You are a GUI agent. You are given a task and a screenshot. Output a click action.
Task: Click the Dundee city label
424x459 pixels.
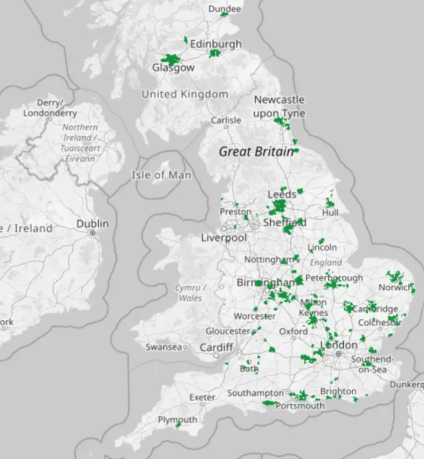point(225,9)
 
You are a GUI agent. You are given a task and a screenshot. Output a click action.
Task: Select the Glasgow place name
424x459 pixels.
point(173,68)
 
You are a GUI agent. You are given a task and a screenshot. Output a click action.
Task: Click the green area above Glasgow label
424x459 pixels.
point(171,59)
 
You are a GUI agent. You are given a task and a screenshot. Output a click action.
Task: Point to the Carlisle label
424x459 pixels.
point(226,120)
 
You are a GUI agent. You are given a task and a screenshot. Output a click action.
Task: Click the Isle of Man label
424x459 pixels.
point(161,175)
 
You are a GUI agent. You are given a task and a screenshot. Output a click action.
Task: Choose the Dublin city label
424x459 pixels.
point(92,223)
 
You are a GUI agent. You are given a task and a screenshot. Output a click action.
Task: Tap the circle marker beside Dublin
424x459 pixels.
point(92,233)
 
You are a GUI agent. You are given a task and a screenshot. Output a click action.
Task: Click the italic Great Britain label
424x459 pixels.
point(256,152)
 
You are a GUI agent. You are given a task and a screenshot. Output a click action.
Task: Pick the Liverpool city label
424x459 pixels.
point(224,238)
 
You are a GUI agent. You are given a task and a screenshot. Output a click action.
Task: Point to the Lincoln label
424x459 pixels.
point(322,247)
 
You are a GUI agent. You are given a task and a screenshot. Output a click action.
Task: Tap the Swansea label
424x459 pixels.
point(163,347)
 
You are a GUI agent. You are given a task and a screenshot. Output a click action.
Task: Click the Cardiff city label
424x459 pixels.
point(216,347)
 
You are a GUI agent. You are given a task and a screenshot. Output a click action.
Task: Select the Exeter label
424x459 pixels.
point(202,397)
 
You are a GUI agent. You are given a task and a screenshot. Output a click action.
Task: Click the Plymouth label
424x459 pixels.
point(178,420)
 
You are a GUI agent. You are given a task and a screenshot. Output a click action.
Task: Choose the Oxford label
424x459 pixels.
point(293,331)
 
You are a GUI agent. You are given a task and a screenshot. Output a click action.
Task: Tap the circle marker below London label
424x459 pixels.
point(339,354)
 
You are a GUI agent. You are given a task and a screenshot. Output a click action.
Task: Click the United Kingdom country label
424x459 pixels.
point(185,94)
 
